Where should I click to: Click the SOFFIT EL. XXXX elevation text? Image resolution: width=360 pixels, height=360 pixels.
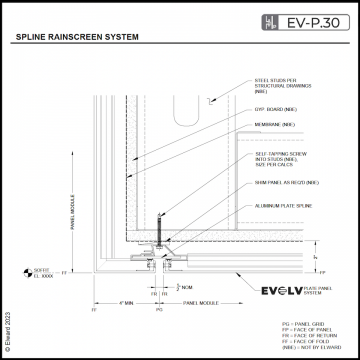point(42,271)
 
